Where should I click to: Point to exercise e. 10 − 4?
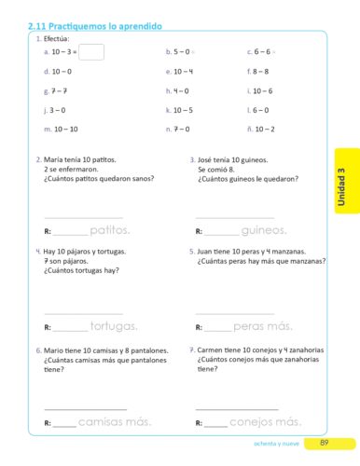[179, 72]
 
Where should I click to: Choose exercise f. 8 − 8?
[257, 72]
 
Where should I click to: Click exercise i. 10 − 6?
[259, 90]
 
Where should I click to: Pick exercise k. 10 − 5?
[179, 110]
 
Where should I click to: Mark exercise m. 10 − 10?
[61, 129]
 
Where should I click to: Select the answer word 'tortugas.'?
[114, 326]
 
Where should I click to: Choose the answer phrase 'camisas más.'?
[115, 422]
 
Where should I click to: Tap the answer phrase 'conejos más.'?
[265, 422]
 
